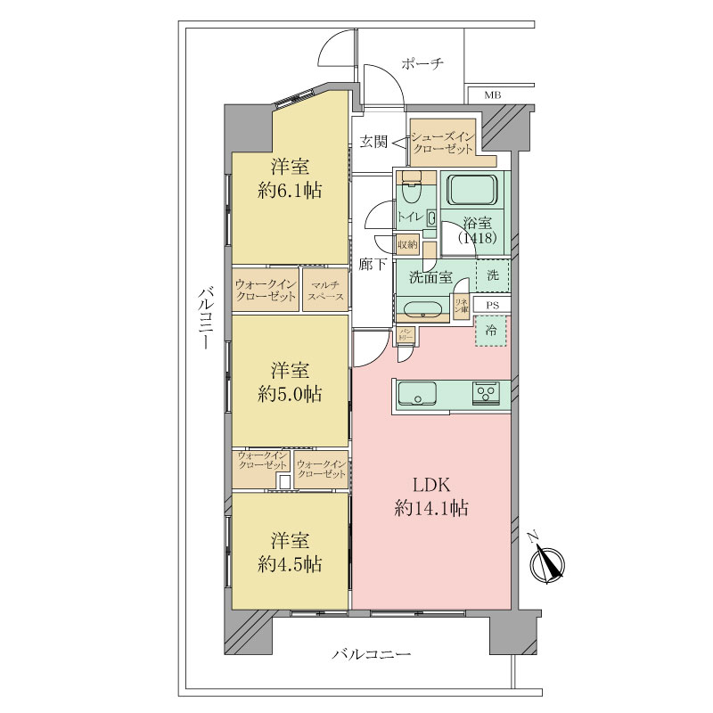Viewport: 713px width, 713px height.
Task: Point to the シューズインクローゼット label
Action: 443,143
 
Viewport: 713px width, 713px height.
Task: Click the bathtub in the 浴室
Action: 471,190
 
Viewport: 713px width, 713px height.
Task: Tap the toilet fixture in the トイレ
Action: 411,192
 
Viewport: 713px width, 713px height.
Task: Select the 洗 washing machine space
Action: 493,275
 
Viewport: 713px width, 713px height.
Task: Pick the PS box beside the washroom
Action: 492,305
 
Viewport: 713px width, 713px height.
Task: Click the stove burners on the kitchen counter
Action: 488,391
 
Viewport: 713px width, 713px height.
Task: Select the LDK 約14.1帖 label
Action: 432,497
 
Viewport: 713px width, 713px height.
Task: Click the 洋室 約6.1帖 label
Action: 290,177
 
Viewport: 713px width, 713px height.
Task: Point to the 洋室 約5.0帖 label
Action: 290,381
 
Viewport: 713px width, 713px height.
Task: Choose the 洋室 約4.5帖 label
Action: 290,552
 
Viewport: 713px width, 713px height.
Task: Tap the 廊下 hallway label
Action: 372,265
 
